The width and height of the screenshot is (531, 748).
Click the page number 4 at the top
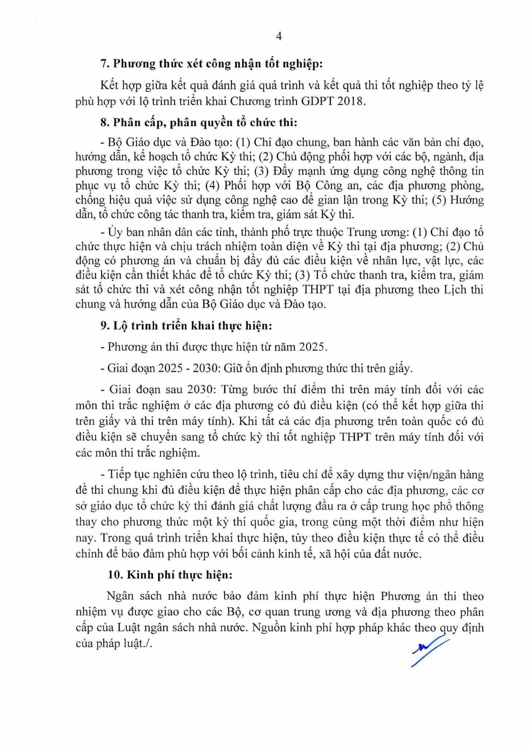click(x=279, y=37)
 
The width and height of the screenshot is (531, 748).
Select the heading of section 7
click(x=211, y=64)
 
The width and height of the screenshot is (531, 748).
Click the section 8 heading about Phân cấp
click(x=199, y=122)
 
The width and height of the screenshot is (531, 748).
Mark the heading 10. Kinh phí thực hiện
click(x=170, y=575)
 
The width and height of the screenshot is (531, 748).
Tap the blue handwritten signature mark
click(x=429, y=650)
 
